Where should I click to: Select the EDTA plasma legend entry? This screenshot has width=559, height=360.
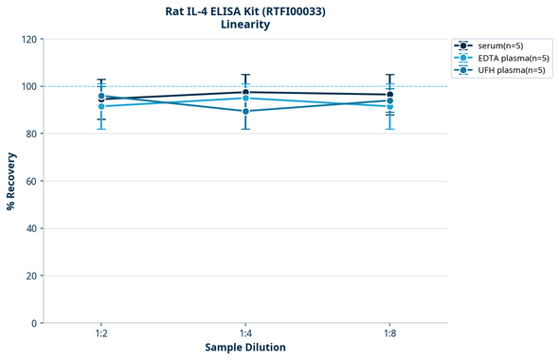pyautogui.click(x=507, y=58)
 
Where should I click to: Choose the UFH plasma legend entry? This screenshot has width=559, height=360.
pyautogui.click(x=506, y=70)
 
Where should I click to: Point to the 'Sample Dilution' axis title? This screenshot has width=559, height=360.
pyautogui.click(x=245, y=348)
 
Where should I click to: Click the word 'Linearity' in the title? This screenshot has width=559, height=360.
pyautogui.click(x=244, y=25)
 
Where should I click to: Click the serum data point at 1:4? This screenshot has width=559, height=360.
pyautogui.click(x=245, y=92)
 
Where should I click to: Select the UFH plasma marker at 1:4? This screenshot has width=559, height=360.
pyautogui.click(x=245, y=111)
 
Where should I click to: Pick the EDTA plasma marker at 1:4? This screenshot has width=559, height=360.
pyautogui.click(x=245, y=99)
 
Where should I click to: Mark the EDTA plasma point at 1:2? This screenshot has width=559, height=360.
pyautogui.click(x=100, y=106)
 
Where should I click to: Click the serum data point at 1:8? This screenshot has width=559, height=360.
pyautogui.click(x=389, y=95)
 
